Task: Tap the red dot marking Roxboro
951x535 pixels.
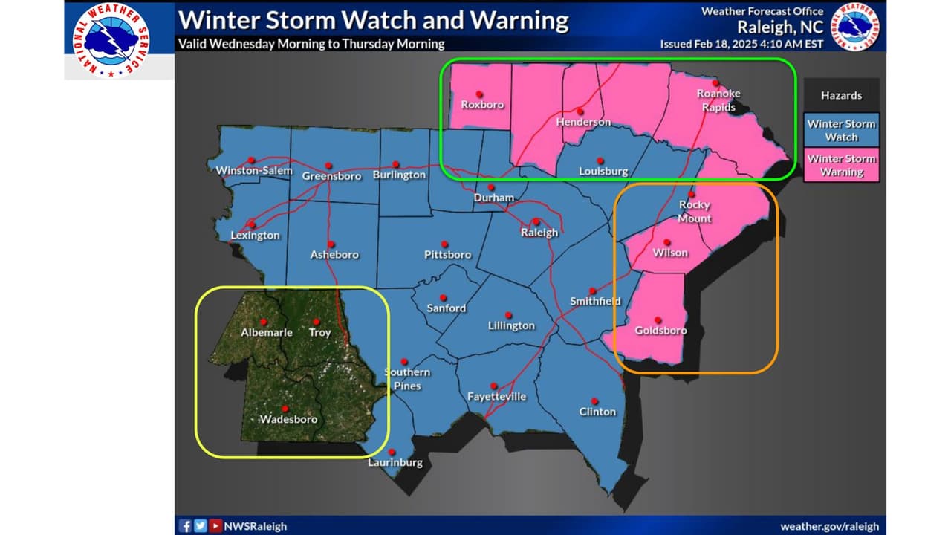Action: pos(480,94)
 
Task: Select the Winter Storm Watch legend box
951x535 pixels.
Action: pos(841,130)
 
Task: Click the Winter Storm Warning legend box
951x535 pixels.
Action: pos(841,165)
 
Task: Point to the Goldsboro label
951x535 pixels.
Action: pos(660,331)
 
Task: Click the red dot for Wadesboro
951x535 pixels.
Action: pos(285,409)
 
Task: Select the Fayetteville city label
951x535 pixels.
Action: pos(496,397)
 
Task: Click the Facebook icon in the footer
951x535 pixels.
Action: pos(186,526)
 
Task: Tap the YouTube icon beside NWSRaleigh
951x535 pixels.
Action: pos(215,526)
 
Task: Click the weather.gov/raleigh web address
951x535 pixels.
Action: pos(829,526)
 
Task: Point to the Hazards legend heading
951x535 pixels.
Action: pos(841,95)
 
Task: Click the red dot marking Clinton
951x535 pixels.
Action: pos(594,400)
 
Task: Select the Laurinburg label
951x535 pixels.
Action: pos(395,463)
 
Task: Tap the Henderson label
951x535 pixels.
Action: pos(583,122)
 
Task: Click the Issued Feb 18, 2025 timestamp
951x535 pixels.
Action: pos(741,44)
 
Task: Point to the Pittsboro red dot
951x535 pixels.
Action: pos(444,244)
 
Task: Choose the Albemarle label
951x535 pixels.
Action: pos(267,332)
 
